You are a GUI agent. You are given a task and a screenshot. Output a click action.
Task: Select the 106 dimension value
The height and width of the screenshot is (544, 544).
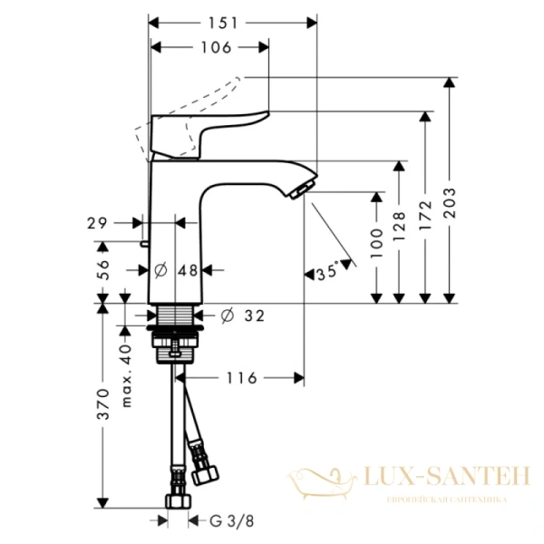[x=214, y=47]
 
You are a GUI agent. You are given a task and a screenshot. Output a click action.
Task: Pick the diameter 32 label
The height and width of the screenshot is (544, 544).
[x=242, y=315]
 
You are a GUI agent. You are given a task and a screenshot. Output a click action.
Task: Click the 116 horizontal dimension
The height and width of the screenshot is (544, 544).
[x=240, y=376]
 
